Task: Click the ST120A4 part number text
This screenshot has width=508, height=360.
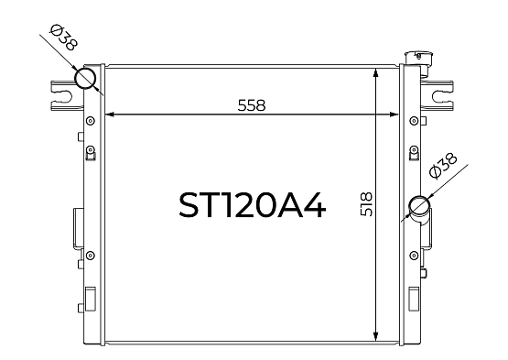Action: click(252, 205)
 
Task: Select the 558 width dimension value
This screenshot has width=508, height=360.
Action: click(252, 105)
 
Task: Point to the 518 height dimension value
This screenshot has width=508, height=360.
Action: click(366, 204)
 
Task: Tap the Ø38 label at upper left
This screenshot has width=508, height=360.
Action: click(64, 38)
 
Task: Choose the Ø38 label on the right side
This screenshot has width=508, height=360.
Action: click(443, 166)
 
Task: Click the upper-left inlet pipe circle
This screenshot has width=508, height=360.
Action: click(85, 78)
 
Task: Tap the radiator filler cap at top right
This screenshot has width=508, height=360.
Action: click(416, 59)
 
